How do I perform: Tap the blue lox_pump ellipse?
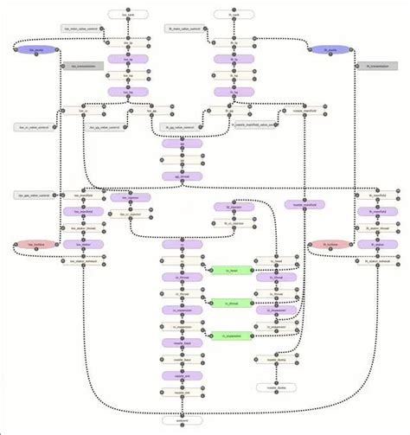[35, 50]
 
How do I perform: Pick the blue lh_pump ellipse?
[329, 50]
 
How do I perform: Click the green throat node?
[231, 304]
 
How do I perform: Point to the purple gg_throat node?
[182, 176]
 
